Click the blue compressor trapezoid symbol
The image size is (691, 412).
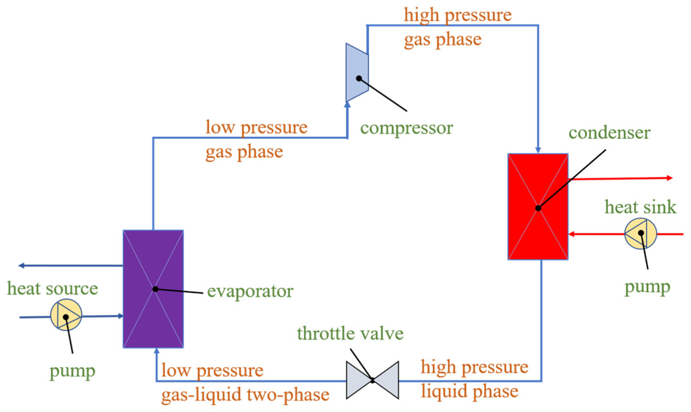coord(357,72)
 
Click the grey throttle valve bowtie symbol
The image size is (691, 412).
coord(372,380)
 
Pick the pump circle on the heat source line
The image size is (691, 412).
coord(66,315)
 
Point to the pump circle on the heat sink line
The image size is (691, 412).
coord(640,233)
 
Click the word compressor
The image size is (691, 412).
coord(406,128)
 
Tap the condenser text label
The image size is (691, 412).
coord(609,133)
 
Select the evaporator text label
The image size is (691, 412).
coord(250,291)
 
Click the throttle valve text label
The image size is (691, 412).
coord(350,333)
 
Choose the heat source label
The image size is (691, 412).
coord(52,288)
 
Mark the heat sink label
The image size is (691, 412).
coord(640,207)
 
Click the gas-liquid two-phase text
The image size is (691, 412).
coord(245,395)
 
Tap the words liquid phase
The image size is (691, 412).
coord(469,391)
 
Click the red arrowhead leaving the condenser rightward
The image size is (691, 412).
coord(669,178)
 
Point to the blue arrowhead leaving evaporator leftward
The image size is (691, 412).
coord(21,265)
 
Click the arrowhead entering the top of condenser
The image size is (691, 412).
coord(538,150)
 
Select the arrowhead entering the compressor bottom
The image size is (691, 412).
coord(347,105)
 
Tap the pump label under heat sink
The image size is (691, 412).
coord(647,287)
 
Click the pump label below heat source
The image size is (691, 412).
coord(72,371)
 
